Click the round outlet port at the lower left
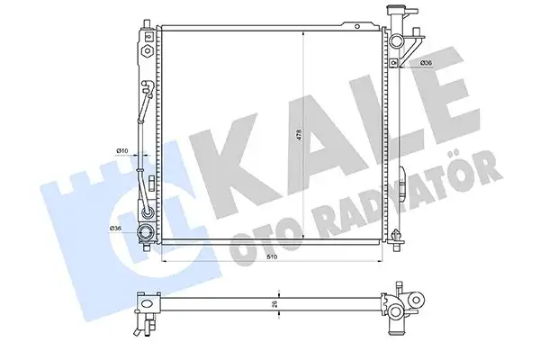[x=144, y=238]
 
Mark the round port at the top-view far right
[x=415, y=302]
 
